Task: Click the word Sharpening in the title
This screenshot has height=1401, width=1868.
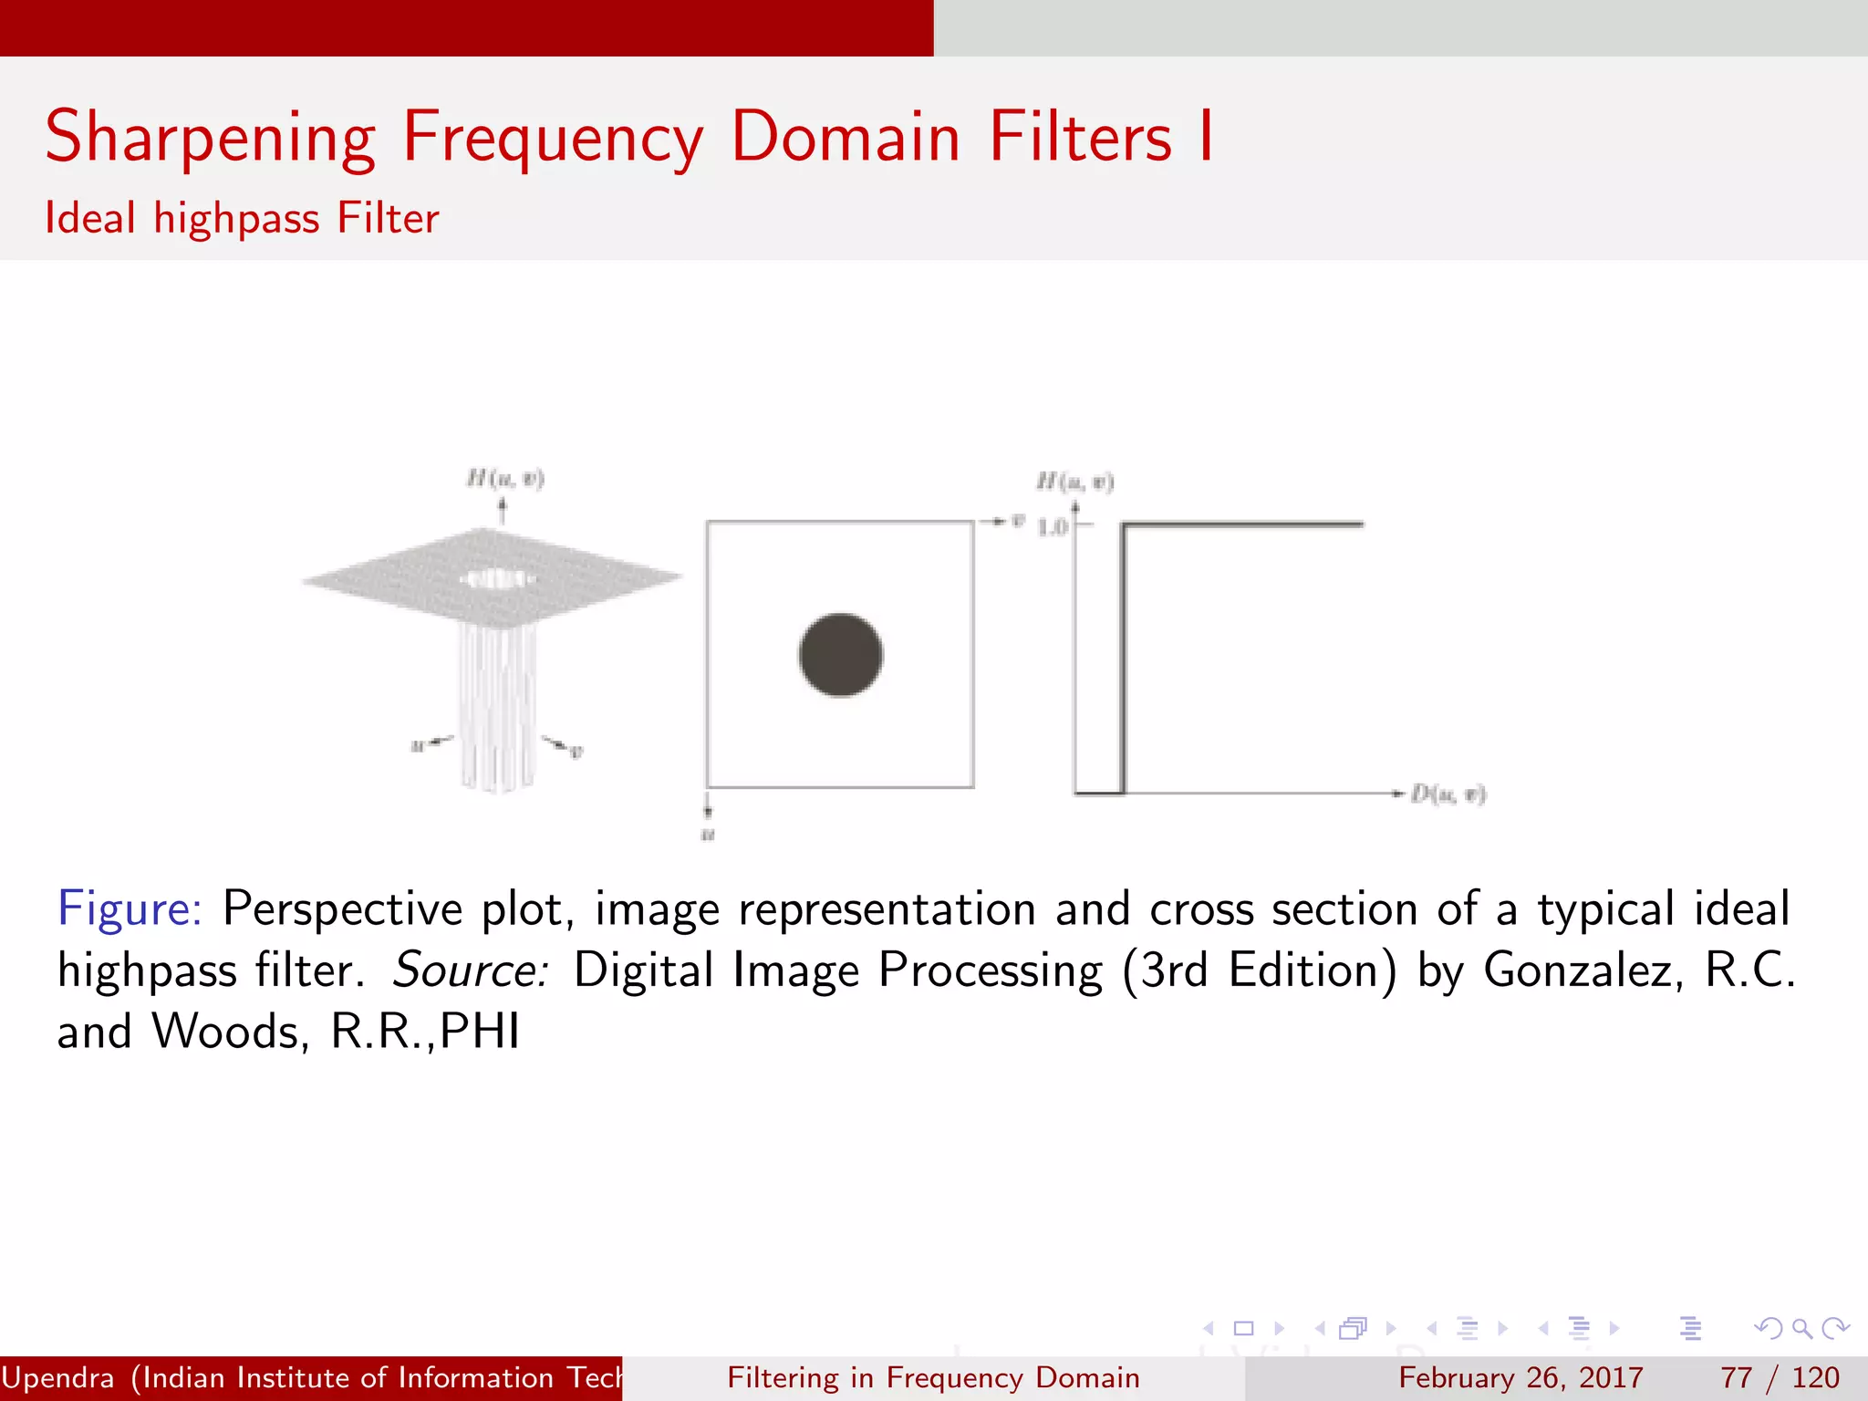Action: point(210,138)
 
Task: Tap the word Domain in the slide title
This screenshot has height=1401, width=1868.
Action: point(845,138)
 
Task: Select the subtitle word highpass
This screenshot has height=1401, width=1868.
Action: point(236,219)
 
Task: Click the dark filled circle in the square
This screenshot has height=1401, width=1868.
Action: point(840,655)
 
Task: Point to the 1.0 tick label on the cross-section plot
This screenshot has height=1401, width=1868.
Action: point(1052,527)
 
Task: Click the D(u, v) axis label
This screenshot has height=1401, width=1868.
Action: point(1448,794)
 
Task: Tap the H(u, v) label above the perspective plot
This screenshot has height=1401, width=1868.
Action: point(504,478)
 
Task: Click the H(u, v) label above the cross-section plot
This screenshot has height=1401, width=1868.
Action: point(1074,482)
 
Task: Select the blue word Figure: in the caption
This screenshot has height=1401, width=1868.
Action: point(130,908)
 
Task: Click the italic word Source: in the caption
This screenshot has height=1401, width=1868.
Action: point(470,970)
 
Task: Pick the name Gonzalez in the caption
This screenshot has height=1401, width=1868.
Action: point(1582,970)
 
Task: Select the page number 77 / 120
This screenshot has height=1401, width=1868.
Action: point(1779,1377)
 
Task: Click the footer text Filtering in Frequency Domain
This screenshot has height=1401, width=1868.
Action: point(933,1377)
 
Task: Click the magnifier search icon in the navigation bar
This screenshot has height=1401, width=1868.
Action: point(1801,1328)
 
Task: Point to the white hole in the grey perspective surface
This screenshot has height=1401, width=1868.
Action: point(495,578)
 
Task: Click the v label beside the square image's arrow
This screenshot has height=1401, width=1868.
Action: point(1018,521)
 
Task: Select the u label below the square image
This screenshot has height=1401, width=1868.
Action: point(708,835)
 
